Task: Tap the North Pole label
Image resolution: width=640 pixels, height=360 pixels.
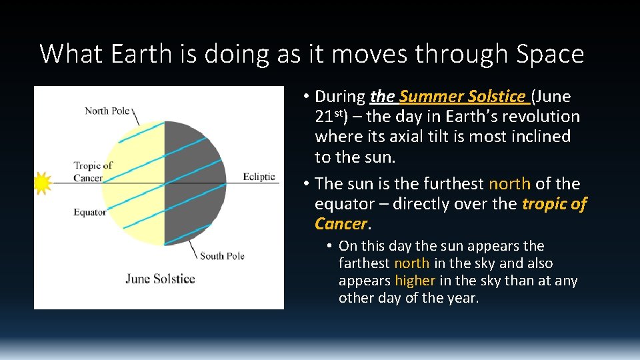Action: [107, 111]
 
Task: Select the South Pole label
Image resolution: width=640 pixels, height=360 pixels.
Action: [222, 256]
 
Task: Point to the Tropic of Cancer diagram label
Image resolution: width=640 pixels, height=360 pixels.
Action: [93, 171]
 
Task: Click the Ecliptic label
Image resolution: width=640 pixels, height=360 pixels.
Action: [259, 177]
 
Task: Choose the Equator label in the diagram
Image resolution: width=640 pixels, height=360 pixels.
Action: [90, 212]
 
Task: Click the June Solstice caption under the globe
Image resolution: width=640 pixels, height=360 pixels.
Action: [160, 278]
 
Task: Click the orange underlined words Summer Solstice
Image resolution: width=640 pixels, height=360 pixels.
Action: [462, 97]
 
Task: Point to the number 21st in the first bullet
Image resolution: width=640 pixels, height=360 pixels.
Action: [327, 117]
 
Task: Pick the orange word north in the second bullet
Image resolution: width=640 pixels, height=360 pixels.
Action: [510, 183]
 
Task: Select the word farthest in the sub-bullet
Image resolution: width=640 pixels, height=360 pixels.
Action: [364, 263]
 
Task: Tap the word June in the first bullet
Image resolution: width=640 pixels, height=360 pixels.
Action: [554, 97]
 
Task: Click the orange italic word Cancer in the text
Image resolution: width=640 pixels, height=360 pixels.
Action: [341, 223]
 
